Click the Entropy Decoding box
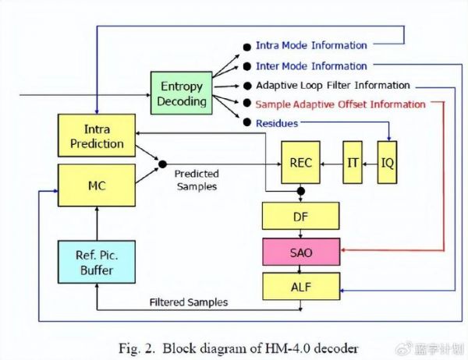tap(182, 93)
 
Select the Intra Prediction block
tap(92, 136)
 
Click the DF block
tap(301, 216)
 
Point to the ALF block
tap(301, 286)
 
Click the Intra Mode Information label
tap(311, 46)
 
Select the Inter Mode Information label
tap(311, 66)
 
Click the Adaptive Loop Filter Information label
tap(332, 85)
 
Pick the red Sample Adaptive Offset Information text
tap(340, 104)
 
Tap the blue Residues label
tap(276, 123)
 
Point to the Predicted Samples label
tap(197, 178)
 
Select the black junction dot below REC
tap(301, 190)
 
